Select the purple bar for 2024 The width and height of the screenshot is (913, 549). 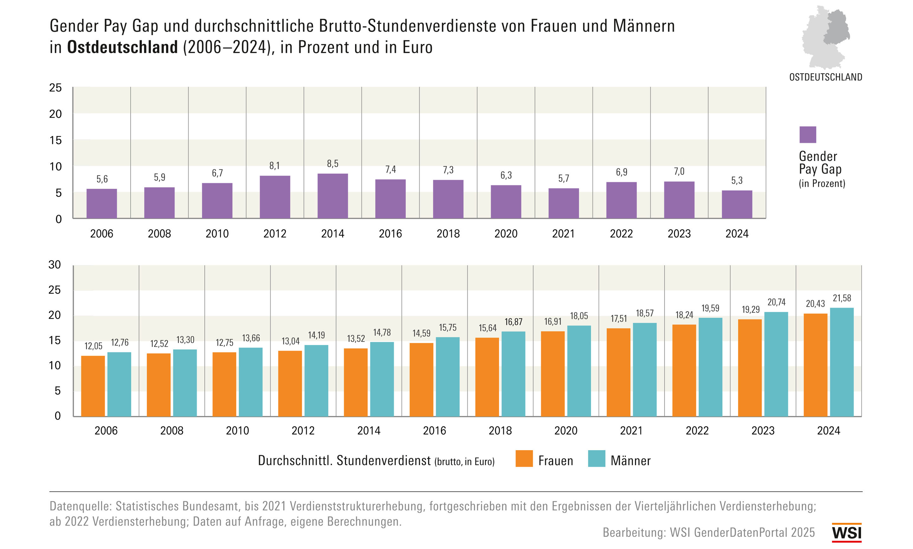tap(736, 204)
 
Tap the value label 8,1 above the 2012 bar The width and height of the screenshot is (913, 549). tap(274, 166)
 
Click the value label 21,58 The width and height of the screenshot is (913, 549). tap(842, 298)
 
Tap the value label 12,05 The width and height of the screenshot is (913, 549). tap(93, 346)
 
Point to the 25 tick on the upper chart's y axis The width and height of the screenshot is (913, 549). tap(55, 88)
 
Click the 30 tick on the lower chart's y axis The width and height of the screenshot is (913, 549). tap(55, 265)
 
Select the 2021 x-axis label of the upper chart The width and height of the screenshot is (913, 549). tap(563, 234)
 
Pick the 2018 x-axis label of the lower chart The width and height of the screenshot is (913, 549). tap(500, 431)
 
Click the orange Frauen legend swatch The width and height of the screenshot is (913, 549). tap(524, 459)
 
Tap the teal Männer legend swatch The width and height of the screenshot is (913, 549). tap(596, 459)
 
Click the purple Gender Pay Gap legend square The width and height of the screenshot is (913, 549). tap(807, 135)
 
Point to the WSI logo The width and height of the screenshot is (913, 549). tap(846, 533)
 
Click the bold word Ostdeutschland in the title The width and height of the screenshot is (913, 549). tap(122, 47)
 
